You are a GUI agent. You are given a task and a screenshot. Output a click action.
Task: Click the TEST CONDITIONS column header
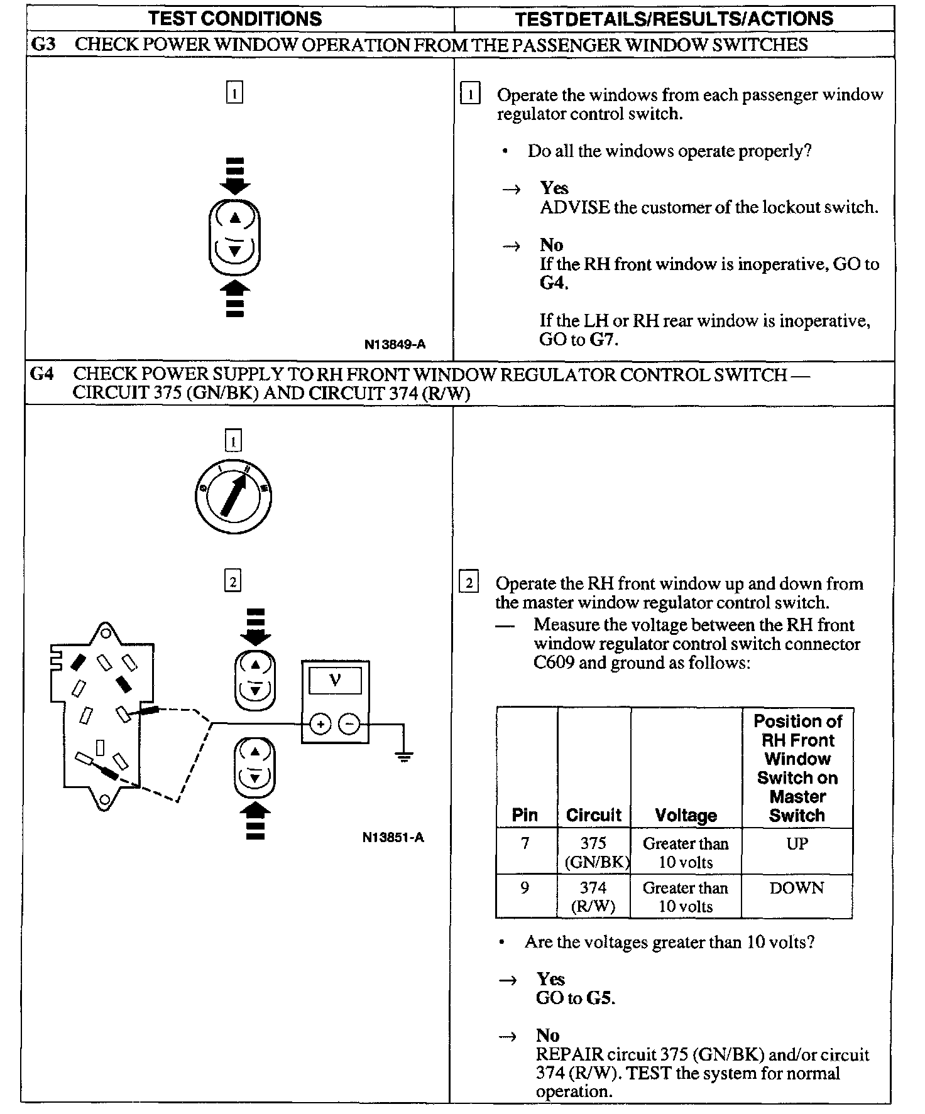tap(235, 18)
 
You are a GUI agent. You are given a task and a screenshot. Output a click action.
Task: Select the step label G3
tap(43, 45)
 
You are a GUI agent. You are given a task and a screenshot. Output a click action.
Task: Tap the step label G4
tap(42, 374)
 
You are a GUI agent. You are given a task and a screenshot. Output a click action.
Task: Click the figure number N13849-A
tap(395, 344)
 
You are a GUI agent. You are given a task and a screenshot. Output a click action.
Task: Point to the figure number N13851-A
tap(393, 837)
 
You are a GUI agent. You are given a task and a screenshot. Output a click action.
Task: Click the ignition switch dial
tap(233, 496)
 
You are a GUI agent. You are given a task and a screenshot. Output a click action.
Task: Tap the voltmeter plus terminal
tap(320, 724)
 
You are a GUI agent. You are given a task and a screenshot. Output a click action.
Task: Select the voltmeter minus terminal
tap(349, 724)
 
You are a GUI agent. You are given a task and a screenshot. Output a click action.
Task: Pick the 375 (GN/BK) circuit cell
tap(594, 852)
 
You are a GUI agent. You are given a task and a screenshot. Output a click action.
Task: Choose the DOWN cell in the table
tap(796, 888)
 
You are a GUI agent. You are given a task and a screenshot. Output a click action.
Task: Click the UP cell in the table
tap(797, 843)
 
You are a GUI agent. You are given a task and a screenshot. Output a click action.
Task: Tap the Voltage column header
tap(686, 815)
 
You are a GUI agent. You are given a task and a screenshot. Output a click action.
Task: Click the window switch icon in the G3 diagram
tap(234, 237)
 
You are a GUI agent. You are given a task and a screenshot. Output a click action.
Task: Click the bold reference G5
tap(599, 998)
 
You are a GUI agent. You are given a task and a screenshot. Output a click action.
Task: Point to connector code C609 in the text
tap(554, 663)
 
